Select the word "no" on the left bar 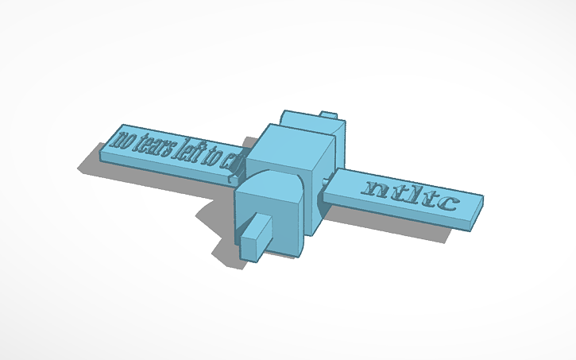coord(122,140)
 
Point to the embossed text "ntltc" coord(410,194)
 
